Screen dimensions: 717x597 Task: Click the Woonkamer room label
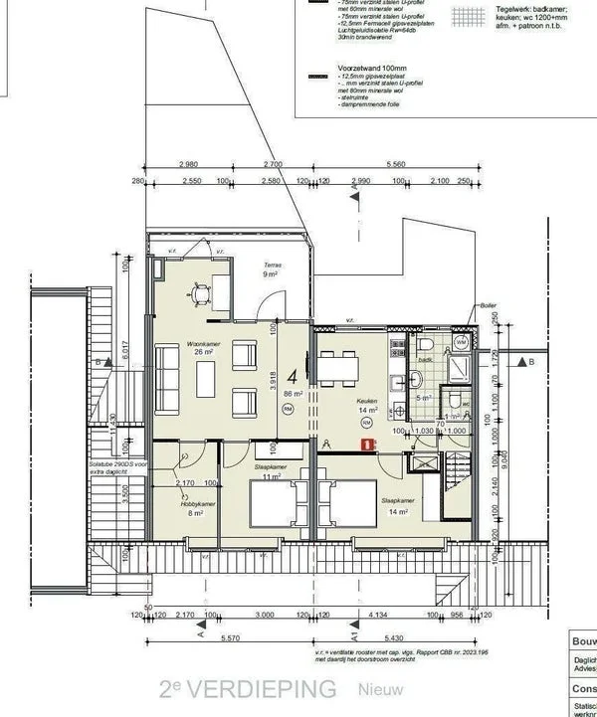175,342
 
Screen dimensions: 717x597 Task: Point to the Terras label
271,266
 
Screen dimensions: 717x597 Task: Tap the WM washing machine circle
461,341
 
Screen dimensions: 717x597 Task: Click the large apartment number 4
293,376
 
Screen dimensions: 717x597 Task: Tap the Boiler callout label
487,306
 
